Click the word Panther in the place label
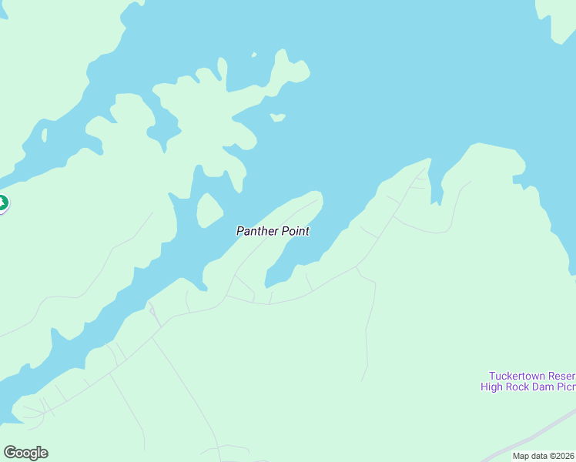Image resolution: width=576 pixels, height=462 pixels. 253,231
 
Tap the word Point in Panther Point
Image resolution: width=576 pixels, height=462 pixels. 295,231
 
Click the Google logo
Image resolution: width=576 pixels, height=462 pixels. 25,453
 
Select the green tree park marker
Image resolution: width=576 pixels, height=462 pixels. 2,204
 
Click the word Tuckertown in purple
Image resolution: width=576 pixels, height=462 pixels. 517,375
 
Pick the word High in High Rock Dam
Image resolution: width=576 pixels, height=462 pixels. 492,387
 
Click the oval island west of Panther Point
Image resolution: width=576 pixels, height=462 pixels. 209,209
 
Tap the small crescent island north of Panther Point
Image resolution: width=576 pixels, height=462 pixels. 278,118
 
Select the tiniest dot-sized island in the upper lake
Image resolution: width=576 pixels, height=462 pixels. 253,55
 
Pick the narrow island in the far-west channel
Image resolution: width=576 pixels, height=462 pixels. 44,136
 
